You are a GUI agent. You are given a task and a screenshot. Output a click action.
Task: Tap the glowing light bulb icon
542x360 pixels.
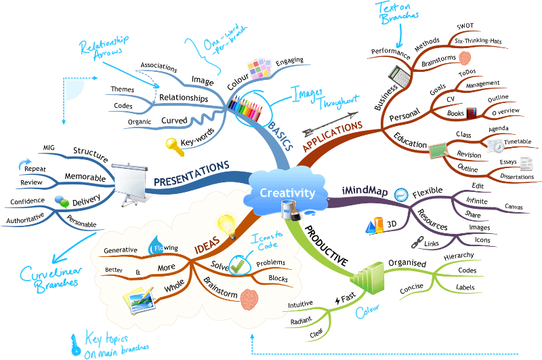(225, 223)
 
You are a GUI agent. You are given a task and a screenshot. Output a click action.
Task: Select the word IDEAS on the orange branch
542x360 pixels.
(208, 243)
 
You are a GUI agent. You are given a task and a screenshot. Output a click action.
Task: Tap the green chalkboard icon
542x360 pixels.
(438, 148)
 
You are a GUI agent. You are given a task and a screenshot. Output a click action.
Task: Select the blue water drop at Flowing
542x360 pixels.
(161, 243)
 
